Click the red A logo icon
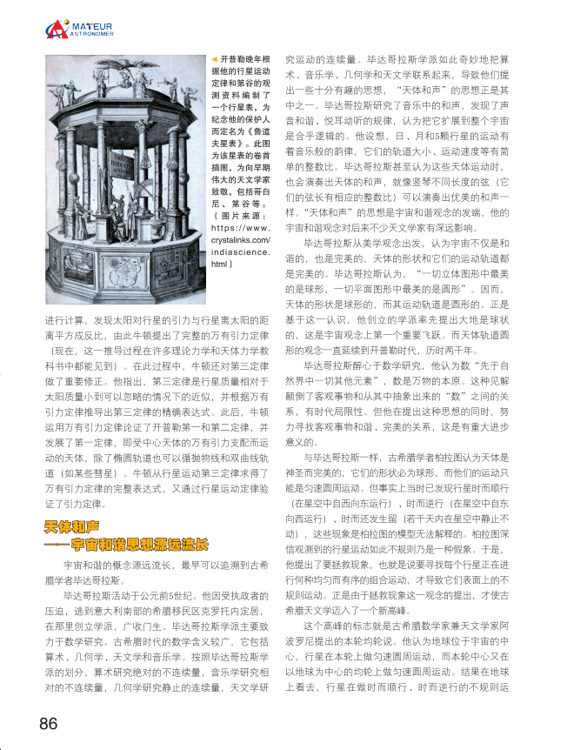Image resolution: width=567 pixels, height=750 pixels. pos(57,30)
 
